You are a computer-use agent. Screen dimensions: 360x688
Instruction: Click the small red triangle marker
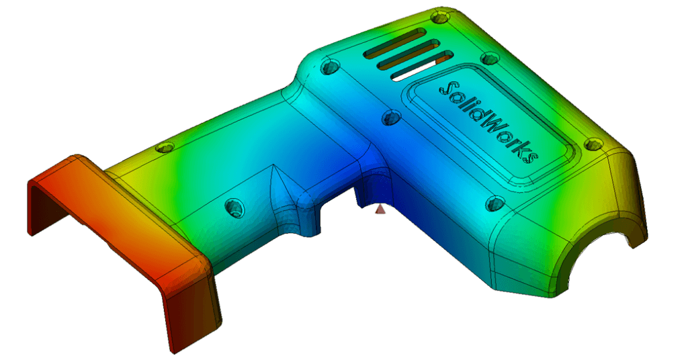380,210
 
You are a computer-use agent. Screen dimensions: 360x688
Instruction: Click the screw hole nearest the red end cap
162,147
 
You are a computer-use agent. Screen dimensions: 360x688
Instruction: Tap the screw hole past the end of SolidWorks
593,144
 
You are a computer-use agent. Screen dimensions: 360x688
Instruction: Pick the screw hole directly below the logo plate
495,202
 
